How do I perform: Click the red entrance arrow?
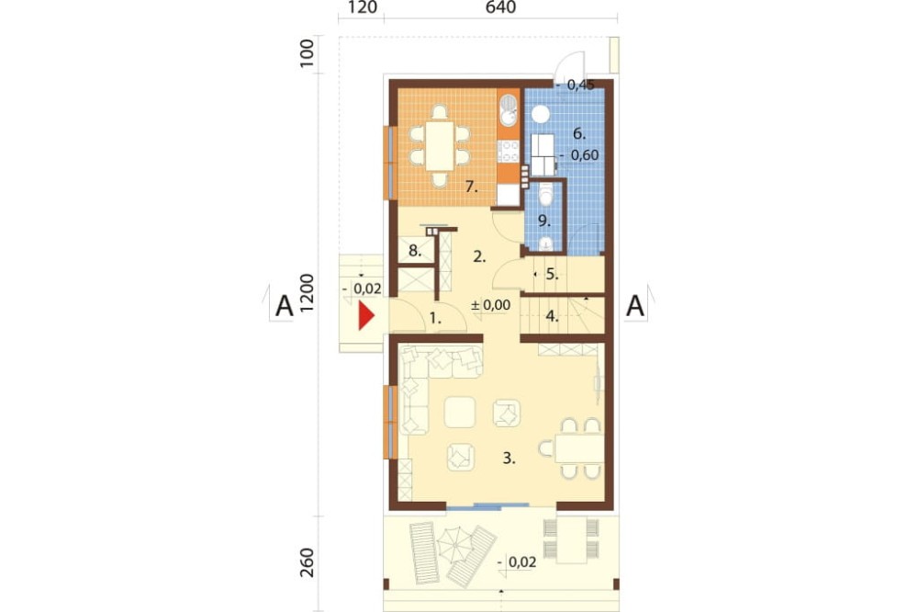(366, 315)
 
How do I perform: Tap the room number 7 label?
(472, 187)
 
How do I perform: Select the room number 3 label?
(509, 459)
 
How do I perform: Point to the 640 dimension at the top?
(500, 7)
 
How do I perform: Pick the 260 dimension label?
(308, 562)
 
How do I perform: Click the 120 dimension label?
(362, 7)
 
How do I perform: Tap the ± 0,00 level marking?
(490, 305)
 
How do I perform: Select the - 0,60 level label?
(579, 155)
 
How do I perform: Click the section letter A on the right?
(635, 306)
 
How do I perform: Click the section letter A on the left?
(285, 306)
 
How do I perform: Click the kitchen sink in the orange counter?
(509, 111)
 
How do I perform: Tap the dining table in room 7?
(440, 145)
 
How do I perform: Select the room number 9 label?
(543, 221)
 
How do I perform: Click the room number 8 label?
(415, 251)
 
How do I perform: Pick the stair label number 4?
(552, 316)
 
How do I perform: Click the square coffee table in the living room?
(460, 412)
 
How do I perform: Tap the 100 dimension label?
(308, 54)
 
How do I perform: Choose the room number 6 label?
(579, 133)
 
